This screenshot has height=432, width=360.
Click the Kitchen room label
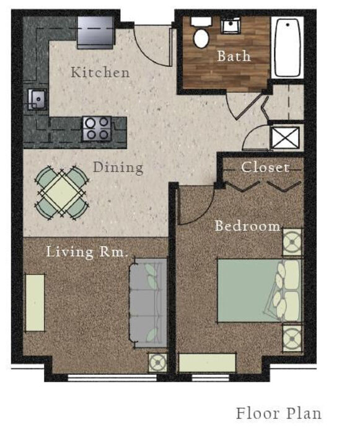100,72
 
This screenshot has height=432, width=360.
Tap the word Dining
118,167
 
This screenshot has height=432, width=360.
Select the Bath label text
234,56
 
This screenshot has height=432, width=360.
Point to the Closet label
265,167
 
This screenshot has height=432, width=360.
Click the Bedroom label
247,226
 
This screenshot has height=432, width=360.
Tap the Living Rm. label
87,252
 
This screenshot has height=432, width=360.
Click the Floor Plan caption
278,413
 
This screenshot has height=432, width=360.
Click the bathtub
288,47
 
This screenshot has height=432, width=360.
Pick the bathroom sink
231,25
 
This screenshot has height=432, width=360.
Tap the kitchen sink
37,99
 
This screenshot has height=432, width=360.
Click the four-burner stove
97,128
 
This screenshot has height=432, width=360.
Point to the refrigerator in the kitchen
95,32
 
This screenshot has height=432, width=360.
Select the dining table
62,193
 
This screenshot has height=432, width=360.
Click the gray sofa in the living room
148,303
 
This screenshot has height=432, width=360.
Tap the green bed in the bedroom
260,291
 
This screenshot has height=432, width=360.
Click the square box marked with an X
285,138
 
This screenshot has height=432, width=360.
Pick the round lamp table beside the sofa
158,363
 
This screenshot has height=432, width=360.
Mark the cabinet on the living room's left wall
35,303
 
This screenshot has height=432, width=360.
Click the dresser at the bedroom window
208,363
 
